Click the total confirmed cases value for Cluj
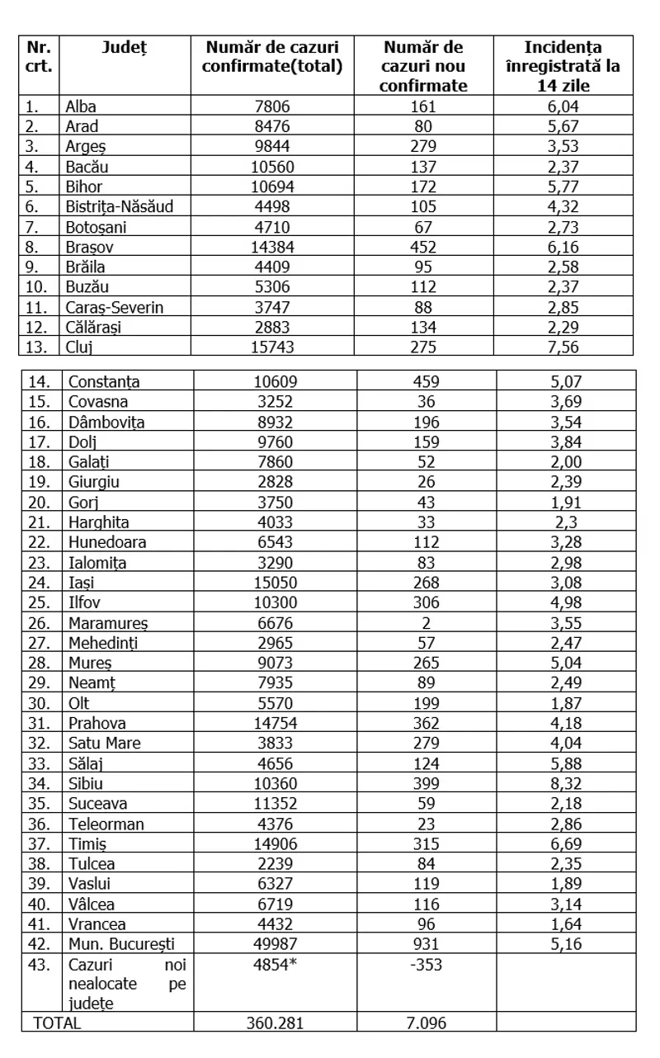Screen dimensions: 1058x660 tap(271, 346)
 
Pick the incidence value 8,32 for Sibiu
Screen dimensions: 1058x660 tap(565, 783)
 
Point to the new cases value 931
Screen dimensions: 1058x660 tap(426, 943)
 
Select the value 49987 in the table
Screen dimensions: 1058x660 tap(271, 943)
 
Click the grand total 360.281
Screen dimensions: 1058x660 tap(275, 1023)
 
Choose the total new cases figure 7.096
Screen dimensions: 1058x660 tap(426, 1023)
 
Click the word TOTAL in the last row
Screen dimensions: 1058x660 tap(57, 1023)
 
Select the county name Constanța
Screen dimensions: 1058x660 tap(104, 382)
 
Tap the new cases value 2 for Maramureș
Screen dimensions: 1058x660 tap(426, 623)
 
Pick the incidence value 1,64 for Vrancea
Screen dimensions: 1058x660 tap(565, 923)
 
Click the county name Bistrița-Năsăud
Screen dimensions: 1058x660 tap(120, 207)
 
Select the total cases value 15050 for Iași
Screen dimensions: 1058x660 tap(271, 583)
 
